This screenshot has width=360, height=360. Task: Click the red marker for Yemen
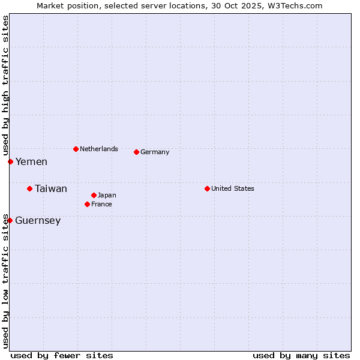coord(10,161)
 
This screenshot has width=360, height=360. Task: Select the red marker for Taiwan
coord(29,188)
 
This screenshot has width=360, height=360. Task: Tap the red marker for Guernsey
coord(10,220)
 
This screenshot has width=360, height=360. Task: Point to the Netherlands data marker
coord(76,149)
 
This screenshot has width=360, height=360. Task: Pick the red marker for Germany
coord(136,152)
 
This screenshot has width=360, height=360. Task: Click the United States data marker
coord(207,188)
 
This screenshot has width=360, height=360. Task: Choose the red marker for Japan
coord(94,195)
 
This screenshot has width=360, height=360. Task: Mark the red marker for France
coord(87,204)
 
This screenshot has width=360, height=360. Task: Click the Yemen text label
coord(31,161)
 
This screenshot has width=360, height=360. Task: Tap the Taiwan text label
coord(51,188)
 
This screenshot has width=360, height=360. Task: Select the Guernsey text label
coord(38,220)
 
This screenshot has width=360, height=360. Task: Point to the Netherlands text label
coord(99,149)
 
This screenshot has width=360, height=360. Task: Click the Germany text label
coord(155,152)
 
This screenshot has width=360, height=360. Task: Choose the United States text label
coord(233,188)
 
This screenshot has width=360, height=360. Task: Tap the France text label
coord(101,204)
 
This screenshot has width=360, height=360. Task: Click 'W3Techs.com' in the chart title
coord(295,6)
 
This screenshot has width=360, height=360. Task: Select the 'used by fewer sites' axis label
coord(62,355)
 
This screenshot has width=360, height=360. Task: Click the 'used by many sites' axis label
coord(301,355)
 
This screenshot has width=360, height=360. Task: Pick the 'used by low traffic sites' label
coord(6,280)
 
